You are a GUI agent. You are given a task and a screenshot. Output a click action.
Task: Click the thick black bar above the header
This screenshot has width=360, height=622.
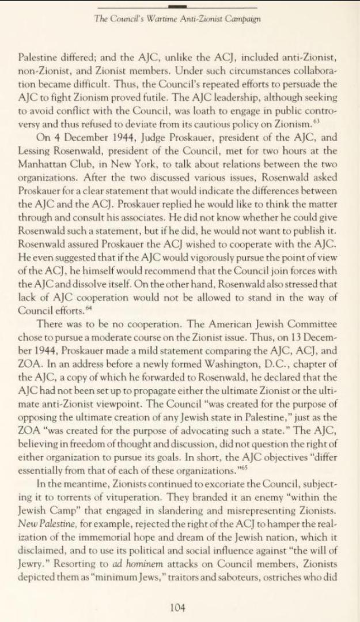pos(180,6)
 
